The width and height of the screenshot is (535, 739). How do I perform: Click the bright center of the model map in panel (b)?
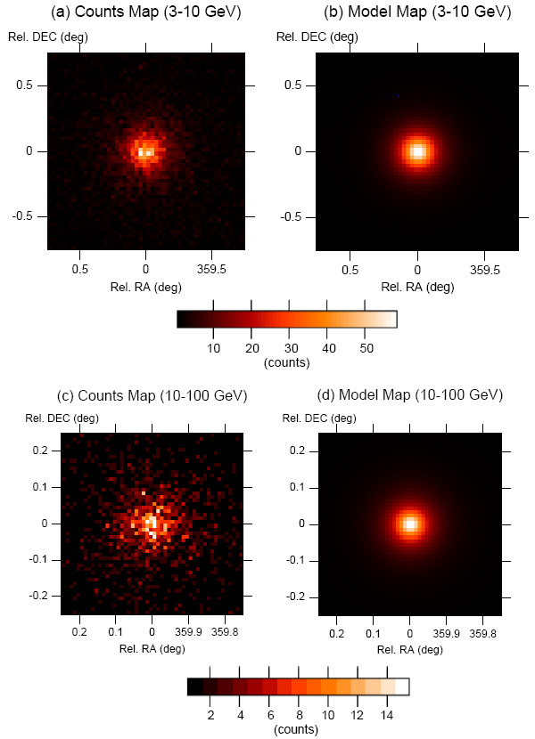[x=416, y=150]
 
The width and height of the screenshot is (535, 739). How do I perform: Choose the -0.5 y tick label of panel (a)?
[x=27, y=216]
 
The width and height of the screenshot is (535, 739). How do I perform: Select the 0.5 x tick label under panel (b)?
[x=351, y=267]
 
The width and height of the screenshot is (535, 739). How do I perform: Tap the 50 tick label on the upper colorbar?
[x=366, y=347]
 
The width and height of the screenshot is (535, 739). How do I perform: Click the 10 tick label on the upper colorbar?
[x=214, y=347]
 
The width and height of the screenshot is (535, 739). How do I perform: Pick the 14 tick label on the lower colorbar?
[x=388, y=715]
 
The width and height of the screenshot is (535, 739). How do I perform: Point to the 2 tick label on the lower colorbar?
[x=210, y=715]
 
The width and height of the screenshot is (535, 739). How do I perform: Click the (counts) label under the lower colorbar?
[x=299, y=730]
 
